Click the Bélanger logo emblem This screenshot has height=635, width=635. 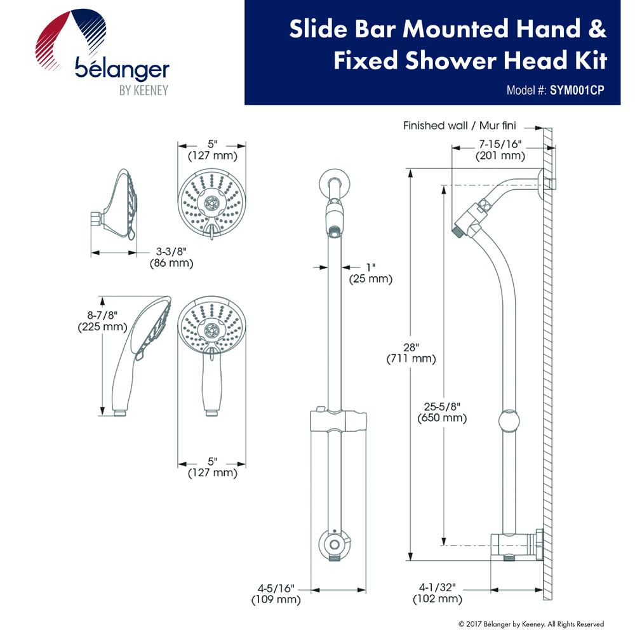coord(71,39)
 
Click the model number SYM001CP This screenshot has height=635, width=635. coord(577,90)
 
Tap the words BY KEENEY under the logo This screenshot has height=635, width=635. coord(144,90)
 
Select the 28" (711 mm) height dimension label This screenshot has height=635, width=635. coord(411,353)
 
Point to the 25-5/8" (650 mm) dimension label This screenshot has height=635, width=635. coord(442,412)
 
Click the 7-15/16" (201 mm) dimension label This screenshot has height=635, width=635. coord(500,150)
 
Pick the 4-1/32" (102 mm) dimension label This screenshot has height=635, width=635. coord(438,593)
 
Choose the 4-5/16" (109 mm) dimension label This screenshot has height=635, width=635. coord(276,594)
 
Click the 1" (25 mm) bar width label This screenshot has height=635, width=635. coord(371,273)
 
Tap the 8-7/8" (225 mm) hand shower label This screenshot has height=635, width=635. coord(102,321)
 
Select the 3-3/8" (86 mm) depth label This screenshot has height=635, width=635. coord(171,257)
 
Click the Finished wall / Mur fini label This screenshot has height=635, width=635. coord(460,126)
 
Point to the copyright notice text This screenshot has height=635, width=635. coord(531,624)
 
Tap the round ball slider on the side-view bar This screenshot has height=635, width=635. coord(509,421)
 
